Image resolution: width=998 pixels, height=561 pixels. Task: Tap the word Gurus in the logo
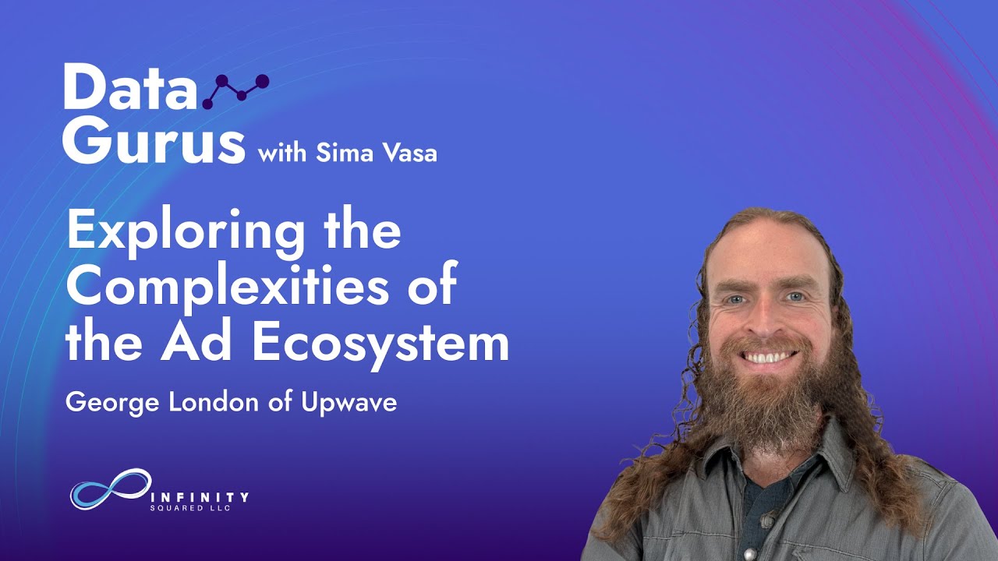[154, 141]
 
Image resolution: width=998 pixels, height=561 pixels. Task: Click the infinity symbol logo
[110, 489]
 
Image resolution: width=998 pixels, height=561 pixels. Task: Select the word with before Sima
[283, 152]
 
